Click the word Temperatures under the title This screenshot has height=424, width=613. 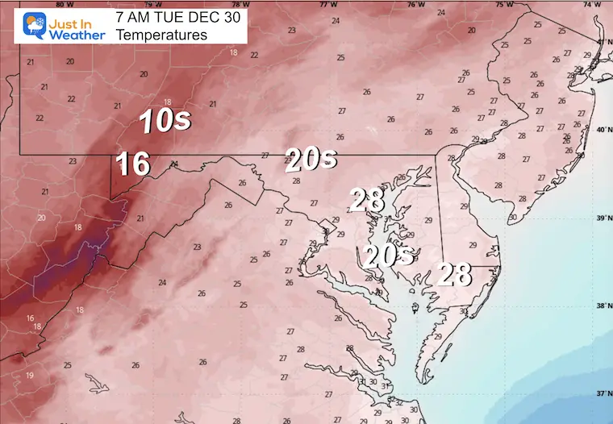coord(161,35)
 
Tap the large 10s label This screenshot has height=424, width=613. coord(165,121)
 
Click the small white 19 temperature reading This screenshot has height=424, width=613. coord(29,376)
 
